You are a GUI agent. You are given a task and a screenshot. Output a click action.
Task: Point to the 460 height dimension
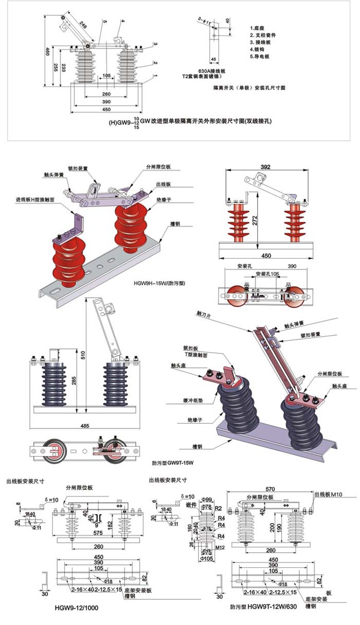[x=47, y=51]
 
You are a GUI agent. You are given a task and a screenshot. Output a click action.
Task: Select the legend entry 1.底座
[x=258, y=28]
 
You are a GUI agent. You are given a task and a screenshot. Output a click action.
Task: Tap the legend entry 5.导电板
[x=260, y=57]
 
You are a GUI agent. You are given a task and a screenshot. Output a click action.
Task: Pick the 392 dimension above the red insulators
[x=266, y=167]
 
